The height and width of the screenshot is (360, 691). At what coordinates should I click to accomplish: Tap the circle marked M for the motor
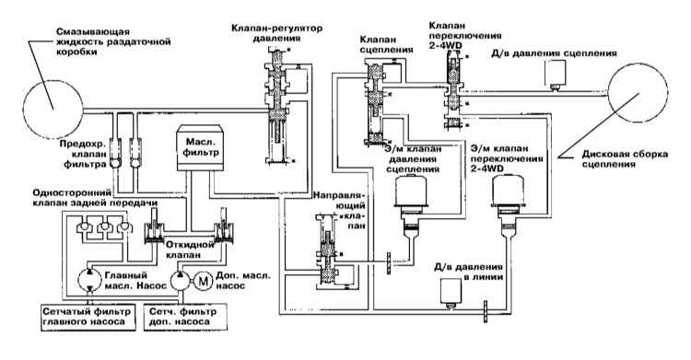point(204,281)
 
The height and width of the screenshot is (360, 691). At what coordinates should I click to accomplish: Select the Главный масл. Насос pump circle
point(90,280)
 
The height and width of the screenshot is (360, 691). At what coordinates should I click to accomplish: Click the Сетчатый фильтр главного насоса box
point(87,317)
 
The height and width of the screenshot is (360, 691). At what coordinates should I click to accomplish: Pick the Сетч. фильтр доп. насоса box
point(185,317)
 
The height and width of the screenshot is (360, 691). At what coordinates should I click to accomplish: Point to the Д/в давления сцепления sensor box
point(555,74)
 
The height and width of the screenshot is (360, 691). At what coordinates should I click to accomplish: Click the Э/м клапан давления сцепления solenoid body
point(410,192)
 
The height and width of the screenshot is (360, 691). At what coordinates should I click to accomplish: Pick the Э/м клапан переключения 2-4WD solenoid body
point(508,192)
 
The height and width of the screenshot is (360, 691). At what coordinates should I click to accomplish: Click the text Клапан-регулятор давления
point(276,33)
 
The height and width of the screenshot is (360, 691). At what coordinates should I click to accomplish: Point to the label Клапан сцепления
point(386,44)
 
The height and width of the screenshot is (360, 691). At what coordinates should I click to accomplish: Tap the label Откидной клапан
point(183,250)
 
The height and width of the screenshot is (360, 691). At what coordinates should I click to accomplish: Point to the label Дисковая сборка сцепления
point(625,159)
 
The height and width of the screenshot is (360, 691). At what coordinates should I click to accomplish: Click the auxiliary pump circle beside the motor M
point(182,281)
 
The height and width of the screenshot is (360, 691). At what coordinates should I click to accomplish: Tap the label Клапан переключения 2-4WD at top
point(465,35)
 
